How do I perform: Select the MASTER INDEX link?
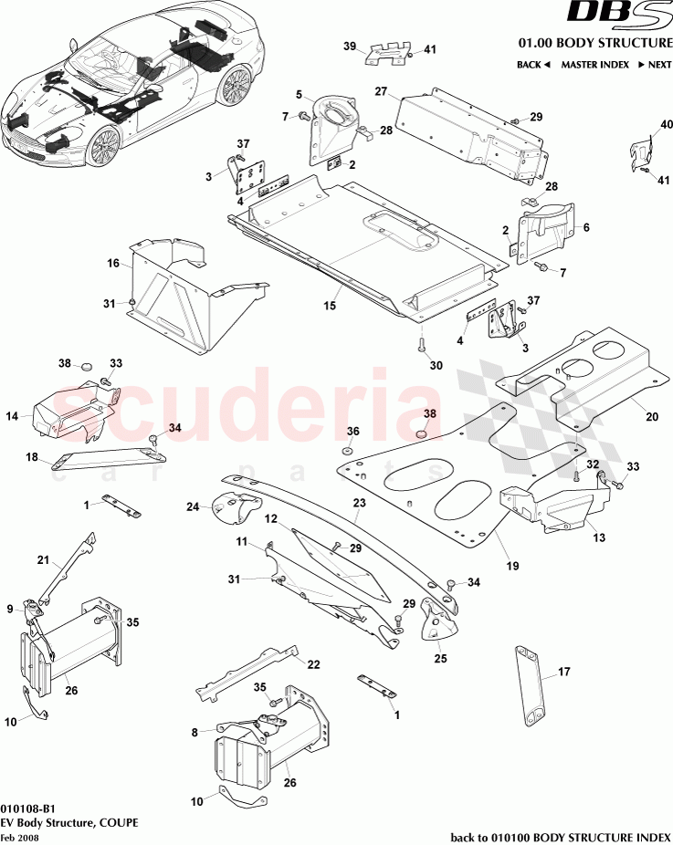tap(594, 65)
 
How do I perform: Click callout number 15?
tap(330, 306)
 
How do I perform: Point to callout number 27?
tap(382, 91)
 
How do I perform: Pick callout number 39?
tap(350, 46)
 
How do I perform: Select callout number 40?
tap(667, 124)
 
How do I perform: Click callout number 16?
tap(113, 263)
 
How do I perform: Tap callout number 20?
tap(652, 417)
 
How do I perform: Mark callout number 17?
tap(564, 672)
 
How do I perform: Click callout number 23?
tap(360, 503)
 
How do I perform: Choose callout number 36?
tap(352, 431)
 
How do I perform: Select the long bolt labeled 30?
tap(422, 346)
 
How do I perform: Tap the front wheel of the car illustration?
tap(103, 146)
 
